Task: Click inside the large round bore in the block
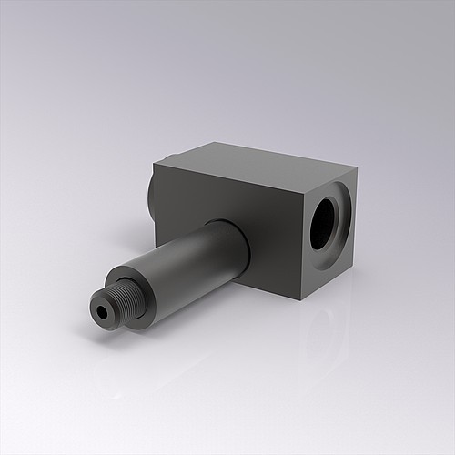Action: pos(328,223)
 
